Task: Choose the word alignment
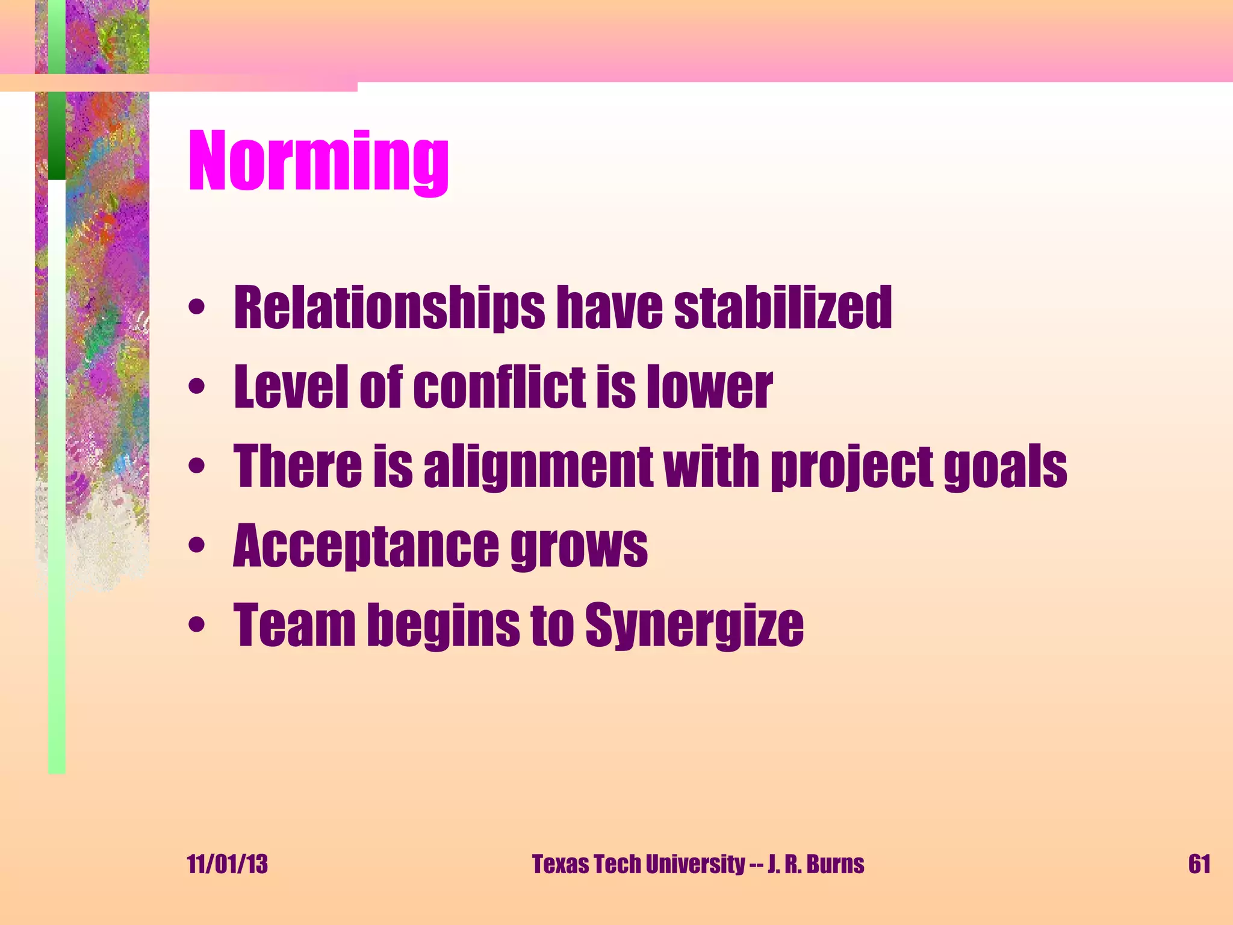538,467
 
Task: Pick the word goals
1005,467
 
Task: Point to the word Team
294,625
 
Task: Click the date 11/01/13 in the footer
228,864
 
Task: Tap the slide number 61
1199,864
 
